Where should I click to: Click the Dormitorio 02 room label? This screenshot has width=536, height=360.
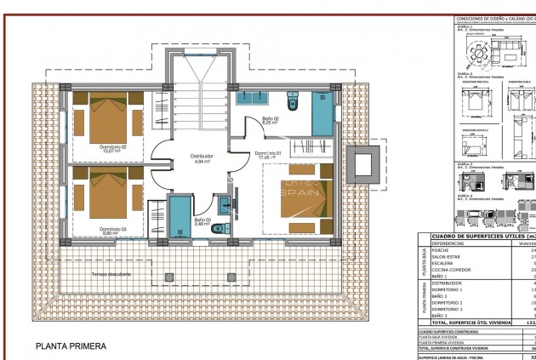coord(112,148)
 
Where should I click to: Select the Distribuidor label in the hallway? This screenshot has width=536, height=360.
coord(197,157)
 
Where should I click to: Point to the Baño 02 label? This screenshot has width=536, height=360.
coord(270,120)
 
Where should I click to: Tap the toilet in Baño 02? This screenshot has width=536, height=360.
coord(293,103)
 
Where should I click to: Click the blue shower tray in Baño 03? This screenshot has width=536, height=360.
coord(180,216)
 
